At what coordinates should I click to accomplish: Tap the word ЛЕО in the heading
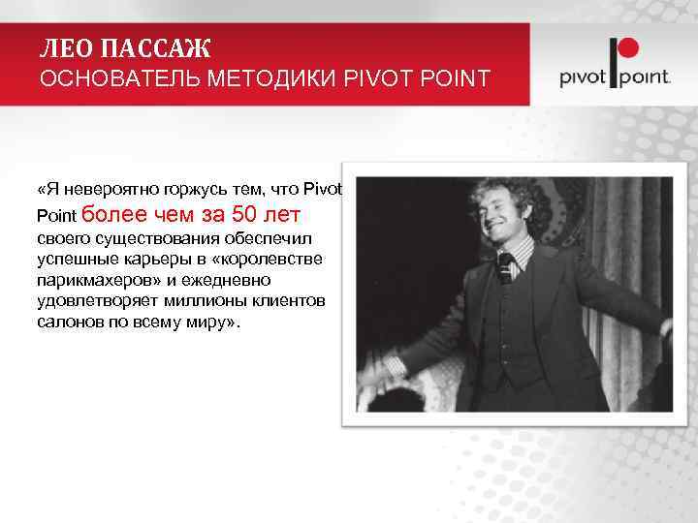pos(68,47)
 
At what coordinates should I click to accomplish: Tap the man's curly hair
pos(490,194)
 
